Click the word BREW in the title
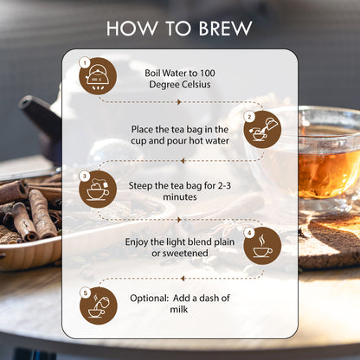(x=225, y=29)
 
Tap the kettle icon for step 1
(x=98, y=76)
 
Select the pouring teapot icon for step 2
(x=262, y=130)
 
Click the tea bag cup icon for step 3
(x=98, y=190)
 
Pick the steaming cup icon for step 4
(x=262, y=246)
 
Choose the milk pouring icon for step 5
(x=99, y=305)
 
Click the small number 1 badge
(x=85, y=62)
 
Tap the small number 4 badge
(x=249, y=233)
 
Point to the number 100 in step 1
(x=208, y=74)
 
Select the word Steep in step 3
(x=140, y=186)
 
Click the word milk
(x=179, y=310)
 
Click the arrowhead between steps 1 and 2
(x=179, y=102)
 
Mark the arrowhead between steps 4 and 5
(x=183, y=279)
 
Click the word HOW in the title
(x=132, y=29)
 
